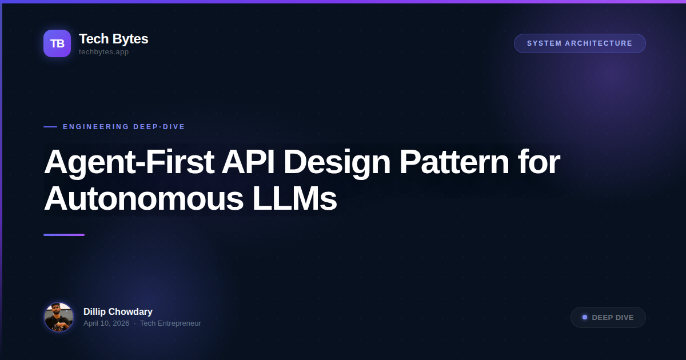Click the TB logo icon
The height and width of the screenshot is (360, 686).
57,43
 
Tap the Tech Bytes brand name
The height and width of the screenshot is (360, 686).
113,39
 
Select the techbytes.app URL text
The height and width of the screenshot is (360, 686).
103,52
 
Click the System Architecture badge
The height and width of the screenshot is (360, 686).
580,43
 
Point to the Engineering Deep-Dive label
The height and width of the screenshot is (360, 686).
124,127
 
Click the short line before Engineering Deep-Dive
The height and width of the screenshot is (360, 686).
50,127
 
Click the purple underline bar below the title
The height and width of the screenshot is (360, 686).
64,235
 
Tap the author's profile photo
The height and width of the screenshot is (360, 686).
59,317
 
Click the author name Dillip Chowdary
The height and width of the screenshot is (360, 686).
118,311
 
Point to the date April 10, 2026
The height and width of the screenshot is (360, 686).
106,323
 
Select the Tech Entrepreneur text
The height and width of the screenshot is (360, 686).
170,323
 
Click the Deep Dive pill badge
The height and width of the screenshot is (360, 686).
608,317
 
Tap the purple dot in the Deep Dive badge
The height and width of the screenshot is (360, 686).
585,317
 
